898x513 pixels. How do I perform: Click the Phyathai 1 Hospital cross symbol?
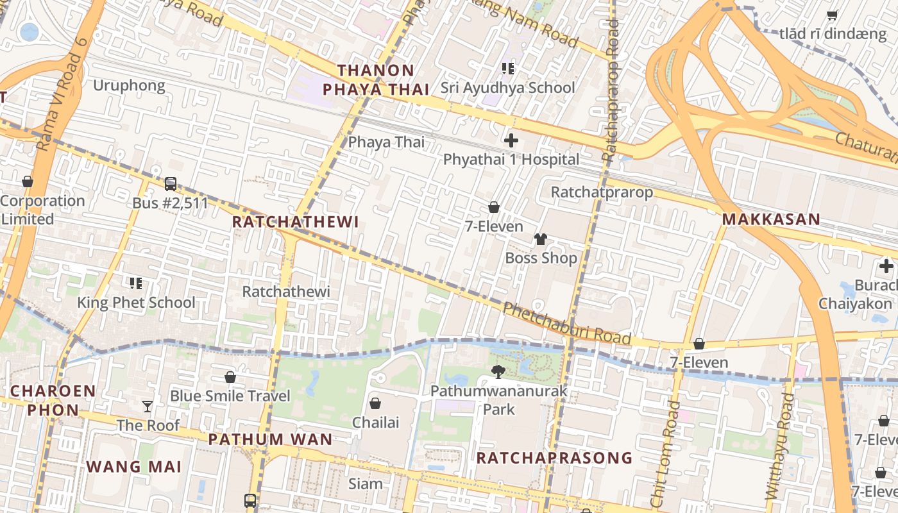click(x=511, y=140)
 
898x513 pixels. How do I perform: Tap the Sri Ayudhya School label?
click(x=507, y=88)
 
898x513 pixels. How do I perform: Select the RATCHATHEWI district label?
click(x=295, y=222)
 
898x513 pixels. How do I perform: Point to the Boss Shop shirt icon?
click(x=541, y=239)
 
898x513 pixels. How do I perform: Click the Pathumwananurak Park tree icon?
click(x=498, y=371)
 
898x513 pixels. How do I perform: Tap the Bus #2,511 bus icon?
click(x=171, y=184)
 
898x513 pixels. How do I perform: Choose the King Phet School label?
click(x=136, y=303)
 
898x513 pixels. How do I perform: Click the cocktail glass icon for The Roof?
click(x=148, y=406)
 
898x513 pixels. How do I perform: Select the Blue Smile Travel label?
click(x=230, y=396)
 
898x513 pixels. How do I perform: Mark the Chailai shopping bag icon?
click(x=375, y=403)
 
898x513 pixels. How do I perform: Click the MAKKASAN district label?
click(x=771, y=219)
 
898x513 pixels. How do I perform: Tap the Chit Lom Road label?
click(x=665, y=452)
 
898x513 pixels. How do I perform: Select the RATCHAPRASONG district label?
click(x=554, y=458)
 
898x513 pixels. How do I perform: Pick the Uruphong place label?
click(x=129, y=86)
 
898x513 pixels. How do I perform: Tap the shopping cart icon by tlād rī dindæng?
click(x=832, y=15)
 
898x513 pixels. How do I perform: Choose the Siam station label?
click(x=365, y=484)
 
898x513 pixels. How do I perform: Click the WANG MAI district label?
click(x=134, y=467)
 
